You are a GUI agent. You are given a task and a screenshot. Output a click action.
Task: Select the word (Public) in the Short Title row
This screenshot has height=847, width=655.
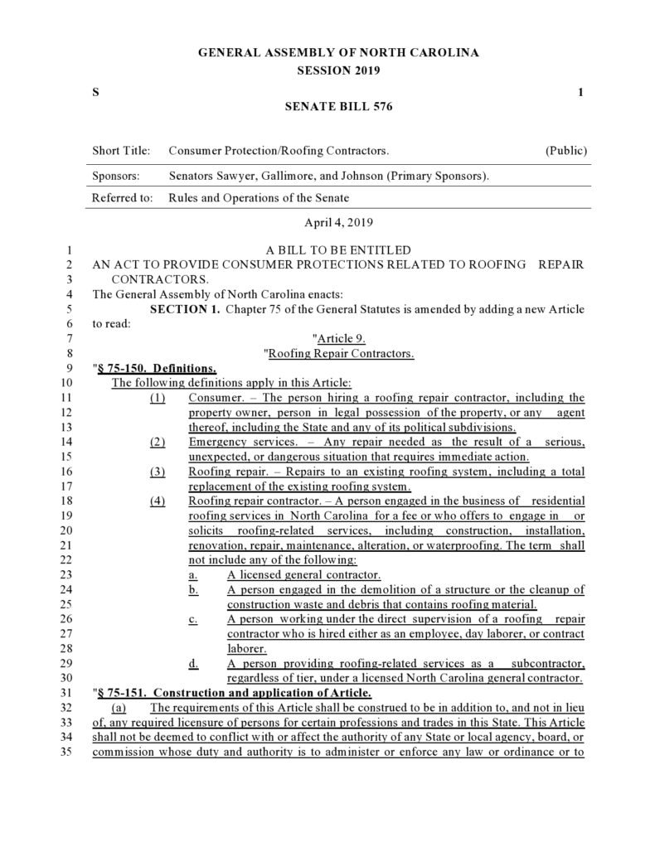pyautogui.click(x=566, y=151)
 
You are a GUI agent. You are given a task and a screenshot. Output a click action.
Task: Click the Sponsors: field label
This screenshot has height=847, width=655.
pyautogui.click(x=115, y=176)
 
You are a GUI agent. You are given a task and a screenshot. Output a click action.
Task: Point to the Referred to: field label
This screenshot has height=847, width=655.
pyautogui.click(x=123, y=198)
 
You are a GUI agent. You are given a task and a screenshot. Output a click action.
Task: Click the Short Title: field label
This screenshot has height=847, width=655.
pyautogui.click(x=121, y=151)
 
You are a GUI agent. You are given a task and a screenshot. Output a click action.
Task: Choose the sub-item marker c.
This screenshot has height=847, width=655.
pyautogui.click(x=192, y=619)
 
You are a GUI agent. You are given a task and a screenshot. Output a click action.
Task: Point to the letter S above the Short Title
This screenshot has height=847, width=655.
pyautogui.click(x=95, y=91)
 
